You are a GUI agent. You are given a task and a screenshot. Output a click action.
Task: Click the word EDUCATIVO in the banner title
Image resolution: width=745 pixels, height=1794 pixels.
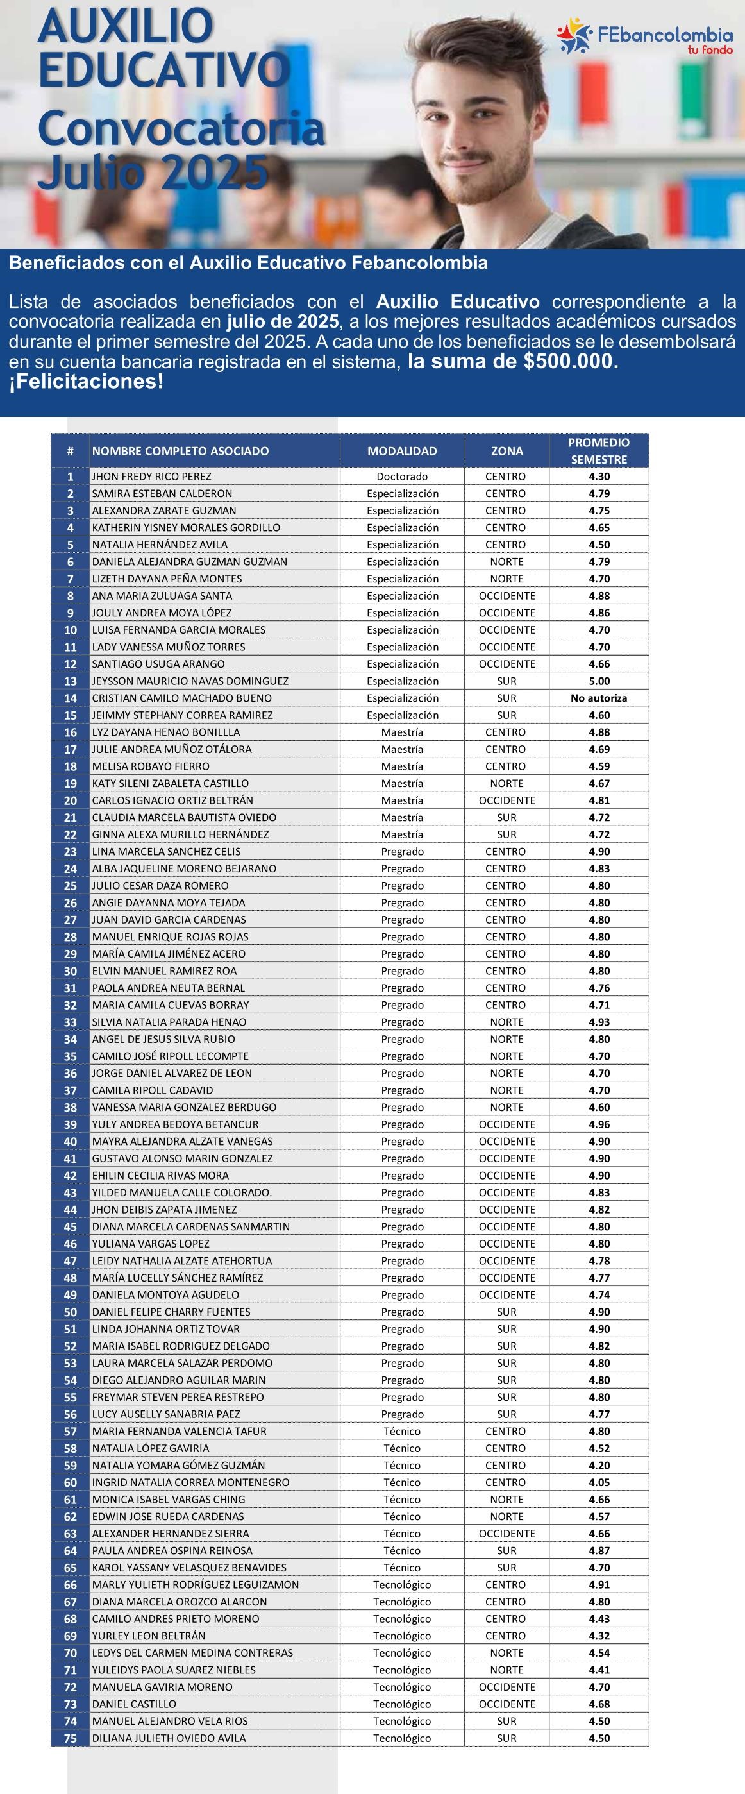[164, 70]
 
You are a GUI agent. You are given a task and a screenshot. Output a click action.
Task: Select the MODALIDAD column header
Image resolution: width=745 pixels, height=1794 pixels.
[402, 452]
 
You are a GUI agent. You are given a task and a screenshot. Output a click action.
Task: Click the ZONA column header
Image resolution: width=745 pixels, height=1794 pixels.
[506, 452]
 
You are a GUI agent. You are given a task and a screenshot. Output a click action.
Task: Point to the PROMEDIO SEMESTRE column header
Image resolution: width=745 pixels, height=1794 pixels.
[598, 451]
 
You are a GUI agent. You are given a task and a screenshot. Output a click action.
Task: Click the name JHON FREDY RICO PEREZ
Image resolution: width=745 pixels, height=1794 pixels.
[152, 477]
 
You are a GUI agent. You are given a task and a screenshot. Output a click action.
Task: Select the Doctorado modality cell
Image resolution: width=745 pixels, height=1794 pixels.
[402, 477]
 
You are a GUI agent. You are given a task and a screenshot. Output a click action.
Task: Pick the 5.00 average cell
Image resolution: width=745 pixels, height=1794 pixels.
[599, 681]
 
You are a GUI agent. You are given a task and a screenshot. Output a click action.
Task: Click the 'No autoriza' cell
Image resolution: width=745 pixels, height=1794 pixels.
[599, 698]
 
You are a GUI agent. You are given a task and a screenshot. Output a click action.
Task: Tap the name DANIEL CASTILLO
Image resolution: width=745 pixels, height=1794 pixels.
[135, 1704]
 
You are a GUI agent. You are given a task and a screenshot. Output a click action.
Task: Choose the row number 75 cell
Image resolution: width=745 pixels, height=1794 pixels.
[71, 1738]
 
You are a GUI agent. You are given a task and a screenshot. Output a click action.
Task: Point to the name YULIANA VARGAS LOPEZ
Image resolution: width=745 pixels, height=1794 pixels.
[151, 1244]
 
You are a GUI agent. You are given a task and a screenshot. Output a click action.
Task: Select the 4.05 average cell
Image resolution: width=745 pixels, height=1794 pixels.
[599, 1483]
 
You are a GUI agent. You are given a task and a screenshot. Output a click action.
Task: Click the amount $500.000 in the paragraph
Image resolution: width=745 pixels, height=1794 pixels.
[570, 362]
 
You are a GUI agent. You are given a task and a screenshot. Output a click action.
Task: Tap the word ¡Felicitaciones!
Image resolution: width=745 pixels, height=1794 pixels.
[87, 382]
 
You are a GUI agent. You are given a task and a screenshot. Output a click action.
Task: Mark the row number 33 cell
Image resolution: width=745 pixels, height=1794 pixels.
[71, 1022]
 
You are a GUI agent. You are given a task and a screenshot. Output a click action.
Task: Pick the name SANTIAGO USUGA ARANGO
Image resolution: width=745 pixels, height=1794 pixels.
[158, 664]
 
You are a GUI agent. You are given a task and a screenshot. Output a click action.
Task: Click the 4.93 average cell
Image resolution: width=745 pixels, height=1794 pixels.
[599, 1022]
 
